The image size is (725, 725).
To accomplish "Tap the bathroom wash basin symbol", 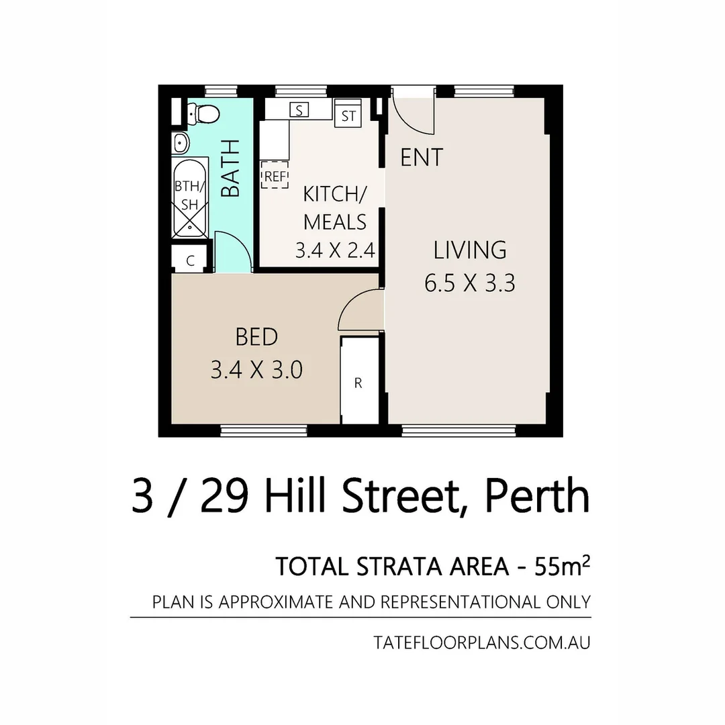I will pyautogui.click(x=181, y=143).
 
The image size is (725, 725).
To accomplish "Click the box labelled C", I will pyautogui.click(x=191, y=260).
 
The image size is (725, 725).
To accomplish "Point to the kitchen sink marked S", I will pyautogui.click(x=299, y=110).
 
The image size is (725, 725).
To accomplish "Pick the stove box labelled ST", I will pyautogui.click(x=348, y=115).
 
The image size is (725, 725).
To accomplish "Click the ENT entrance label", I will pyautogui.click(x=422, y=157).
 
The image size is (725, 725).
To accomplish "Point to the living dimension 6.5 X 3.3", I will pyautogui.click(x=469, y=283).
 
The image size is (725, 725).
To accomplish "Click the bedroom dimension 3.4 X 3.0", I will pyautogui.click(x=256, y=369).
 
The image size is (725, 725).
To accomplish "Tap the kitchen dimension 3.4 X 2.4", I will pyautogui.click(x=335, y=250).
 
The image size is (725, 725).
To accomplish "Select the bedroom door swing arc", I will pyautogui.click(x=358, y=310).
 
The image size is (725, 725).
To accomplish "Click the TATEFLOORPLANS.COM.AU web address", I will pyautogui.click(x=482, y=642).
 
